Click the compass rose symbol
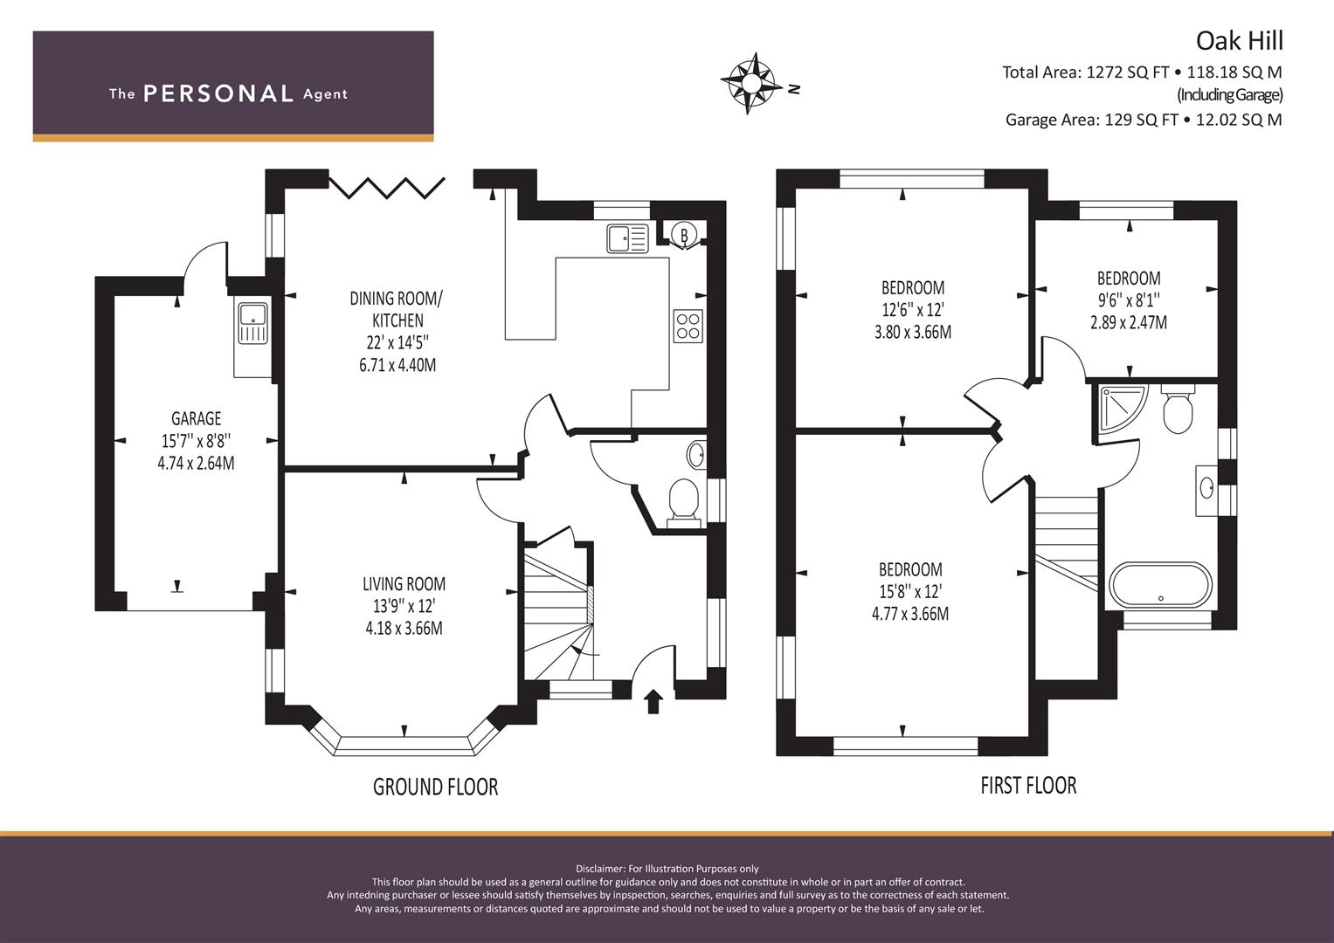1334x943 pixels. point(751,83)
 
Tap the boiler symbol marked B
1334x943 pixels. point(684,235)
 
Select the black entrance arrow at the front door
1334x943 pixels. point(654,701)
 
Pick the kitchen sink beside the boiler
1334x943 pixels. point(628,238)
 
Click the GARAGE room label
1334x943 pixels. point(196,418)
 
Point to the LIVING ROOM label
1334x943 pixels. point(404,584)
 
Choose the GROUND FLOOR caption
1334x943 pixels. point(435,787)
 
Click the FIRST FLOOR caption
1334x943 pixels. point(1028,785)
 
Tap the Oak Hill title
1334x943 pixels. point(1240,41)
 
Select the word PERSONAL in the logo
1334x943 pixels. point(218,93)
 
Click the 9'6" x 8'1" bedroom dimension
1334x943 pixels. point(1129,300)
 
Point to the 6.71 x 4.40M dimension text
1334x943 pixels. point(397,365)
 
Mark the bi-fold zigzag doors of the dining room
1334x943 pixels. point(387,188)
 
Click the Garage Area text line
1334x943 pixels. point(1144,120)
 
